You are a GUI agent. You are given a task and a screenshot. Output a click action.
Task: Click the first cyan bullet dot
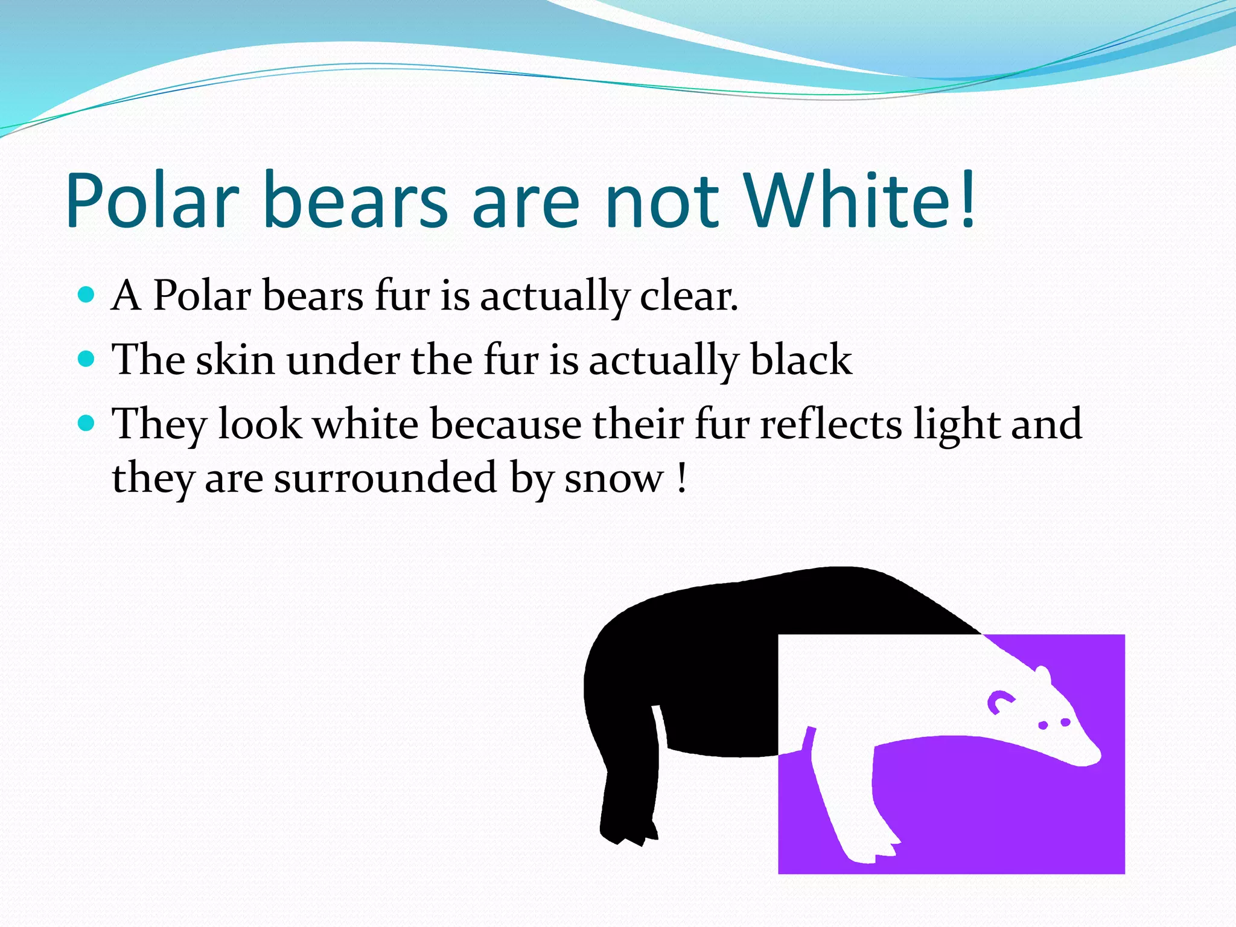pos(87,295)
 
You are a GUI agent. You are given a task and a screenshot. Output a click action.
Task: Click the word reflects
pos(830,424)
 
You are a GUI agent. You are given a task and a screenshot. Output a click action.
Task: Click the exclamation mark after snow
pos(682,478)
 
